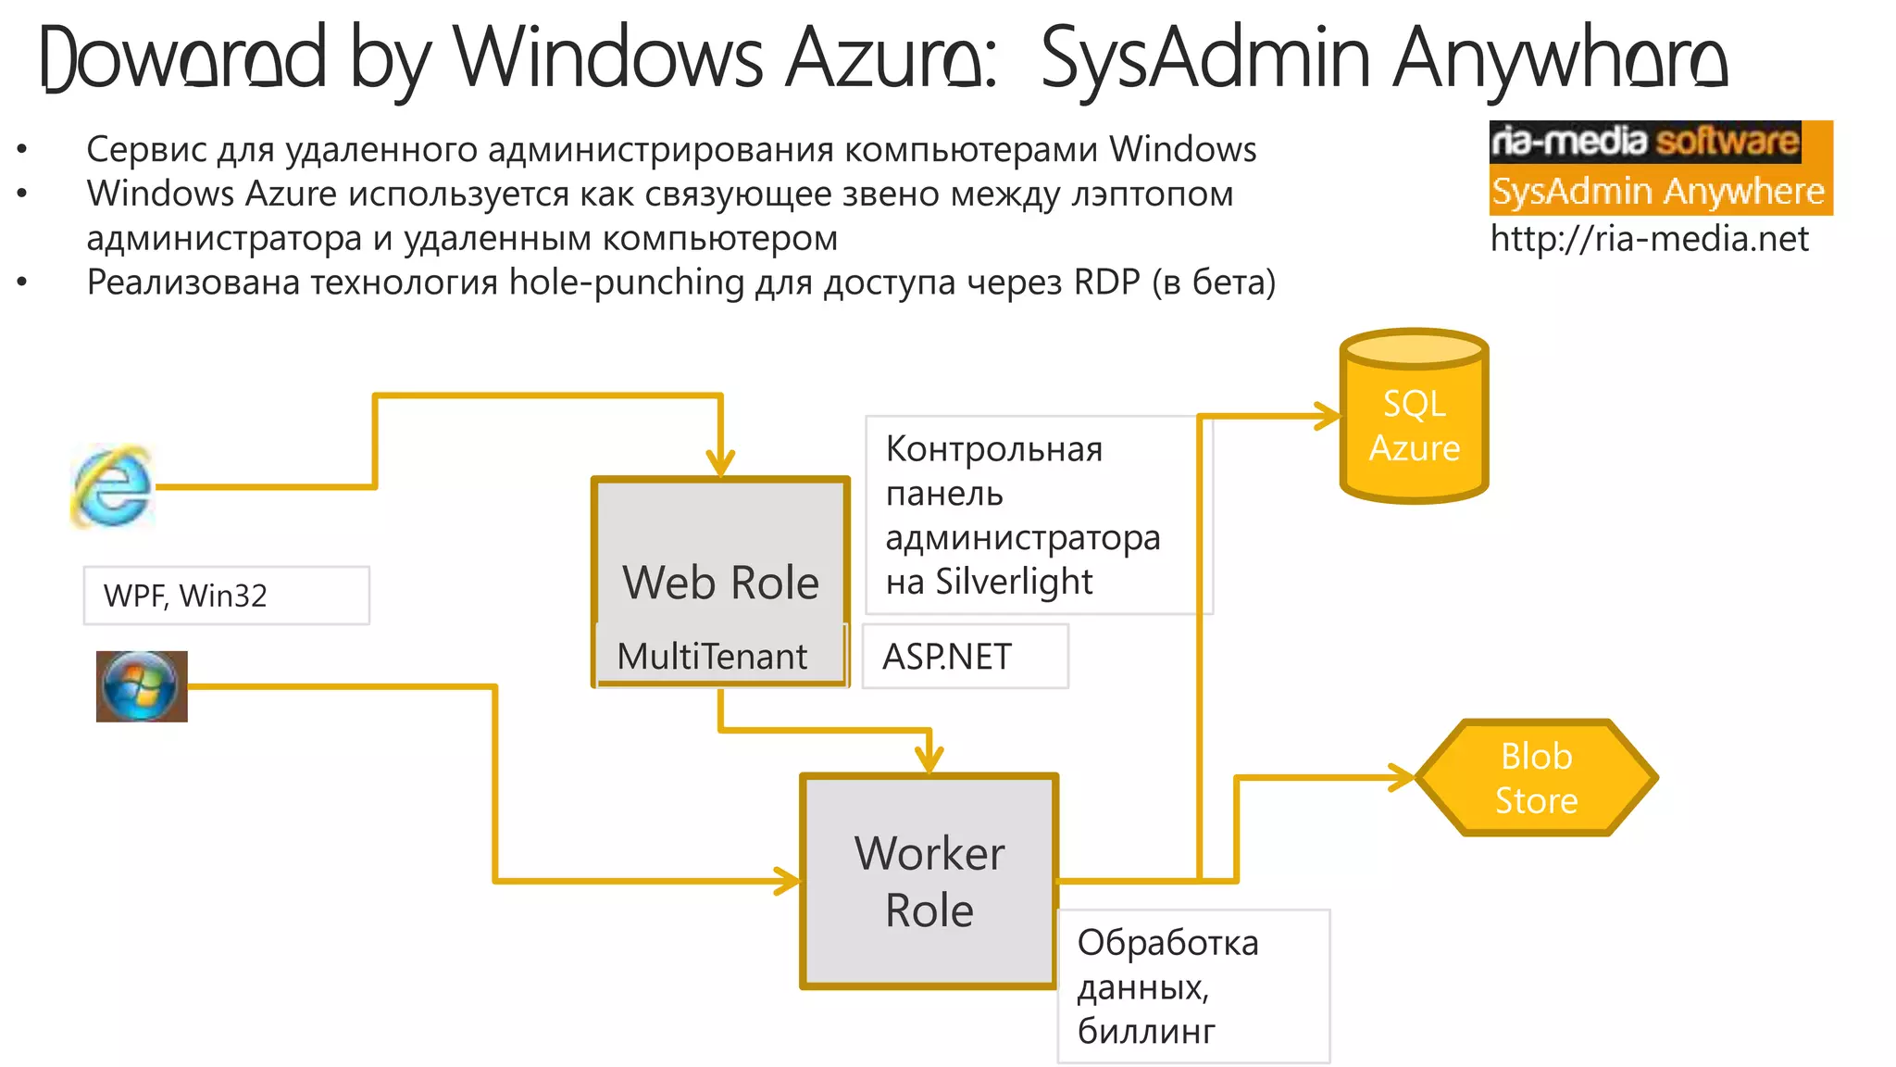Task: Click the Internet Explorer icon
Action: coord(112,485)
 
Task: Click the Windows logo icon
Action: coord(142,686)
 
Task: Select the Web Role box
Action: coord(720,556)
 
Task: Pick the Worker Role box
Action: coord(929,881)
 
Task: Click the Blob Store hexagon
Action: coord(1536,778)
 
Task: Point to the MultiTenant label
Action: coord(712,657)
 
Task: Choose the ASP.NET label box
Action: coord(965,657)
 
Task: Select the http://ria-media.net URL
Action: coord(1649,239)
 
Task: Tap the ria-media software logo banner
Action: coord(1645,142)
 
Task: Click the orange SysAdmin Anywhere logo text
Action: coord(1658,192)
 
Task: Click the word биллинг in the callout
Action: coord(1146,1031)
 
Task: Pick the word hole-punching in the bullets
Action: coord(627,282)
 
